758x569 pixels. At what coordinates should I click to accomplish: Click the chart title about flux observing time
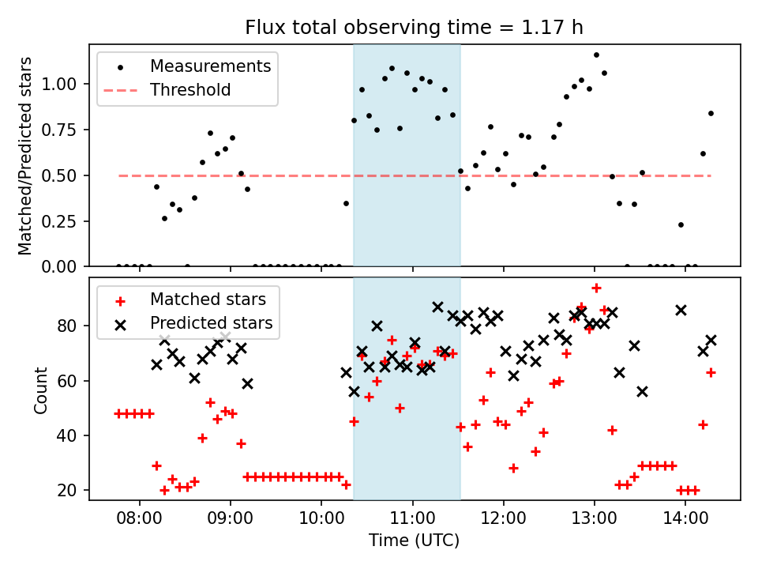[x=415, y=28]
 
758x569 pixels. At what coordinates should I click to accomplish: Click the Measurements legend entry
[x=210, y=66]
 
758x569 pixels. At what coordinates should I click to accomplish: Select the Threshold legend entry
[x=190, y=90]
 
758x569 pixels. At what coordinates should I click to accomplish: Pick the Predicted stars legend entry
[x=212, y=323]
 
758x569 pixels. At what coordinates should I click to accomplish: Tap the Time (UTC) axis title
[x=414, y=541]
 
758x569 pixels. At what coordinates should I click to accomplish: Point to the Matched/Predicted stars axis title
[x=26, y=156]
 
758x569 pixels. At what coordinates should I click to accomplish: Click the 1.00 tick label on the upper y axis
[x=60, y=84]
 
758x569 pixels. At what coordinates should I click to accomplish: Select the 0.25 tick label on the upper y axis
[x=60, y=221]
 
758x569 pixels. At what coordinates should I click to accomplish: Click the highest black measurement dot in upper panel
[x=596, y=55]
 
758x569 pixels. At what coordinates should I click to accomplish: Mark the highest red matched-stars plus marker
[x=596, y=288]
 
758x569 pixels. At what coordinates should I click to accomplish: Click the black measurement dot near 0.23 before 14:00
[x=681, y=224]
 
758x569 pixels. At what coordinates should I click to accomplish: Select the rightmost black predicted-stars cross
[x=711, y=340]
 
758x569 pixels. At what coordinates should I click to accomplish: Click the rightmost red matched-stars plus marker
[x=711, y=371]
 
